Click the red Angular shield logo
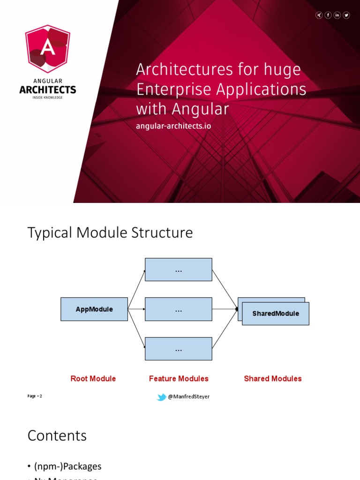pos(47,49)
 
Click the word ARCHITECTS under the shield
pos(47,90)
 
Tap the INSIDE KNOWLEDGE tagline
pos(47,97)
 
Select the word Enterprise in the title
pos(174,89)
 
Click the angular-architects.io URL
pos(173,126)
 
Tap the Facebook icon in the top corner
pos(328,15)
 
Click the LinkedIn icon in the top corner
pos(337,15)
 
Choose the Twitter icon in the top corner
pos(346,15)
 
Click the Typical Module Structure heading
pos(110,232)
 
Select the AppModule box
pos(94,309)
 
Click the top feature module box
pos(178,270)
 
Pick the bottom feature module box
pos(178,349)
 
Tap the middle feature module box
pos(178,309)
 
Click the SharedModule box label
pos(276,314)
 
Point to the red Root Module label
pos(93,379)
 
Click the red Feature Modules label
pos(179,379)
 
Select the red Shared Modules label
pos(273,379)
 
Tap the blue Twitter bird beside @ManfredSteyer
pos(162,397)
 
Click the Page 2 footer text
pos(35,396)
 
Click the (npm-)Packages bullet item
pos(67,466)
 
